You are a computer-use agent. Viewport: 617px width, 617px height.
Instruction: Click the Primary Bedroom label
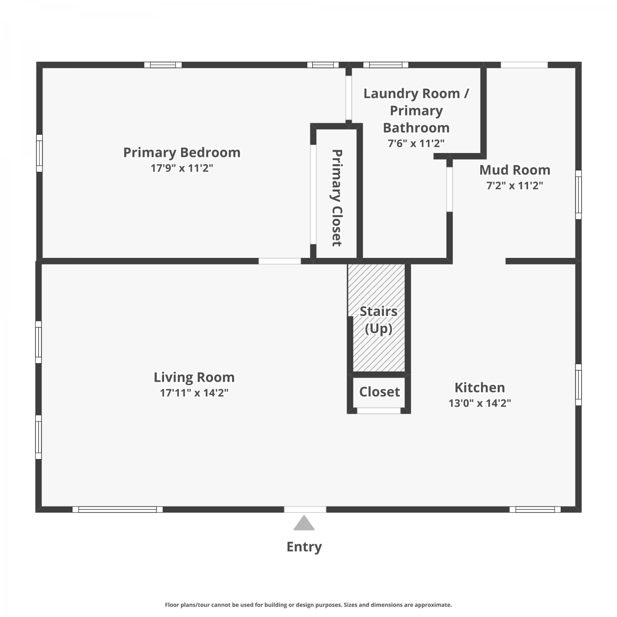[x=182, y=153]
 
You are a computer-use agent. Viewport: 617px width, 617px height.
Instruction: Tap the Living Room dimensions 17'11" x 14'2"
[x=194, y=393]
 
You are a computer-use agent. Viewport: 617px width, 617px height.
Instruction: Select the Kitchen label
[x=480, y=387]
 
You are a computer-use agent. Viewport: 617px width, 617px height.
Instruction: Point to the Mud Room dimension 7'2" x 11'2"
[x=515, y=186]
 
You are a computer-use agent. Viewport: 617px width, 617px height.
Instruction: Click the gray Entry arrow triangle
[x=304, y=523]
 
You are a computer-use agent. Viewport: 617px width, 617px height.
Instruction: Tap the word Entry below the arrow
[x=304, y=547]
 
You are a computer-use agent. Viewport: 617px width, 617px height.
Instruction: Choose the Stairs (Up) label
[x=378, y=320]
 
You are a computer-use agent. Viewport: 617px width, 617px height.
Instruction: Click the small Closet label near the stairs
[x=379, y=392]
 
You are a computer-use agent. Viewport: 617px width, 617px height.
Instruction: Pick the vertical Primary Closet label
[x=337, y=198]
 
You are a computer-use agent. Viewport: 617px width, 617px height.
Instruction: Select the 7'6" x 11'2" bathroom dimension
[x=416, y=144]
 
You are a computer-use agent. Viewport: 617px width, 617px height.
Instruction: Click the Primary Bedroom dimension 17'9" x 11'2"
[x=182, y=168]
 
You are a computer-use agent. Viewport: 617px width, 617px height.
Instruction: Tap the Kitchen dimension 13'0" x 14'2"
[x=480, y=403]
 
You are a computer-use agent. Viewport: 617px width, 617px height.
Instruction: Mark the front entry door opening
[x=305, y=510]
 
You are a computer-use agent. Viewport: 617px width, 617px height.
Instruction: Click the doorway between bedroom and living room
[x=280, y=261]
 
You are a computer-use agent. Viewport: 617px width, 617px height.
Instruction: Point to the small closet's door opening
[x=379, y=411]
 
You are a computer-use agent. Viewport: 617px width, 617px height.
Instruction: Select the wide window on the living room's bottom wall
[x=118, y=510]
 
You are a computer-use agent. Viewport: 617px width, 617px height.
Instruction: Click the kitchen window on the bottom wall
[x=535, y=510]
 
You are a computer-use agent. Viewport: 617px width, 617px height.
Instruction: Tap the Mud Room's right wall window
[x=578, y=195]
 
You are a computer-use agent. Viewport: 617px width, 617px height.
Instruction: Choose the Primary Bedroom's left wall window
[x=39, y=153]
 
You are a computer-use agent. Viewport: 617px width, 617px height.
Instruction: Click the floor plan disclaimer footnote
[x=308, y=605]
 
